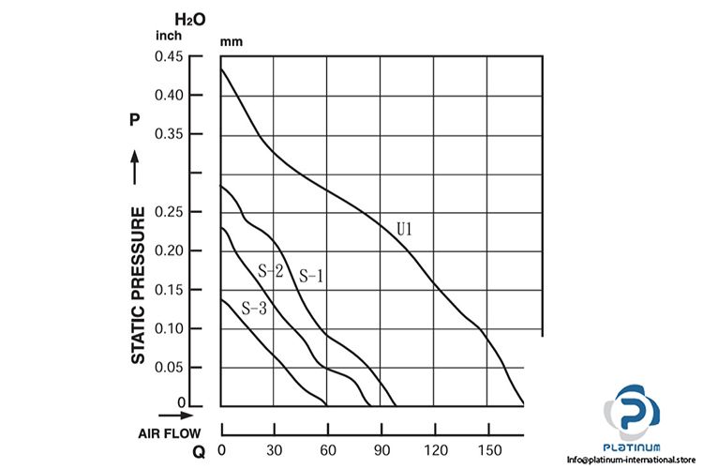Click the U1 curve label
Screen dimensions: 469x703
(405, 228)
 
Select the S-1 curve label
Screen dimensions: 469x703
(310, 276)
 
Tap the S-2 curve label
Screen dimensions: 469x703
(270, 271)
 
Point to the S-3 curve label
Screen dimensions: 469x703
(254, 308)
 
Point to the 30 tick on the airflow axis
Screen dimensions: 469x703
(274, 423)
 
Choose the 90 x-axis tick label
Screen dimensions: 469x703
(381, 423)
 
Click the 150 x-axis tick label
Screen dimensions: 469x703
(488, 423)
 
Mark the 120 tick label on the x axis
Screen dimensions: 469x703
(435, 423)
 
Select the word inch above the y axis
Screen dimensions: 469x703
(169, 37)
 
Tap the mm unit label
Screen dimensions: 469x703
(231, 41)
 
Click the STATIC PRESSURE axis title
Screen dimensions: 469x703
(138, 285)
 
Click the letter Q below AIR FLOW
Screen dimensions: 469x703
(198, 451)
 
